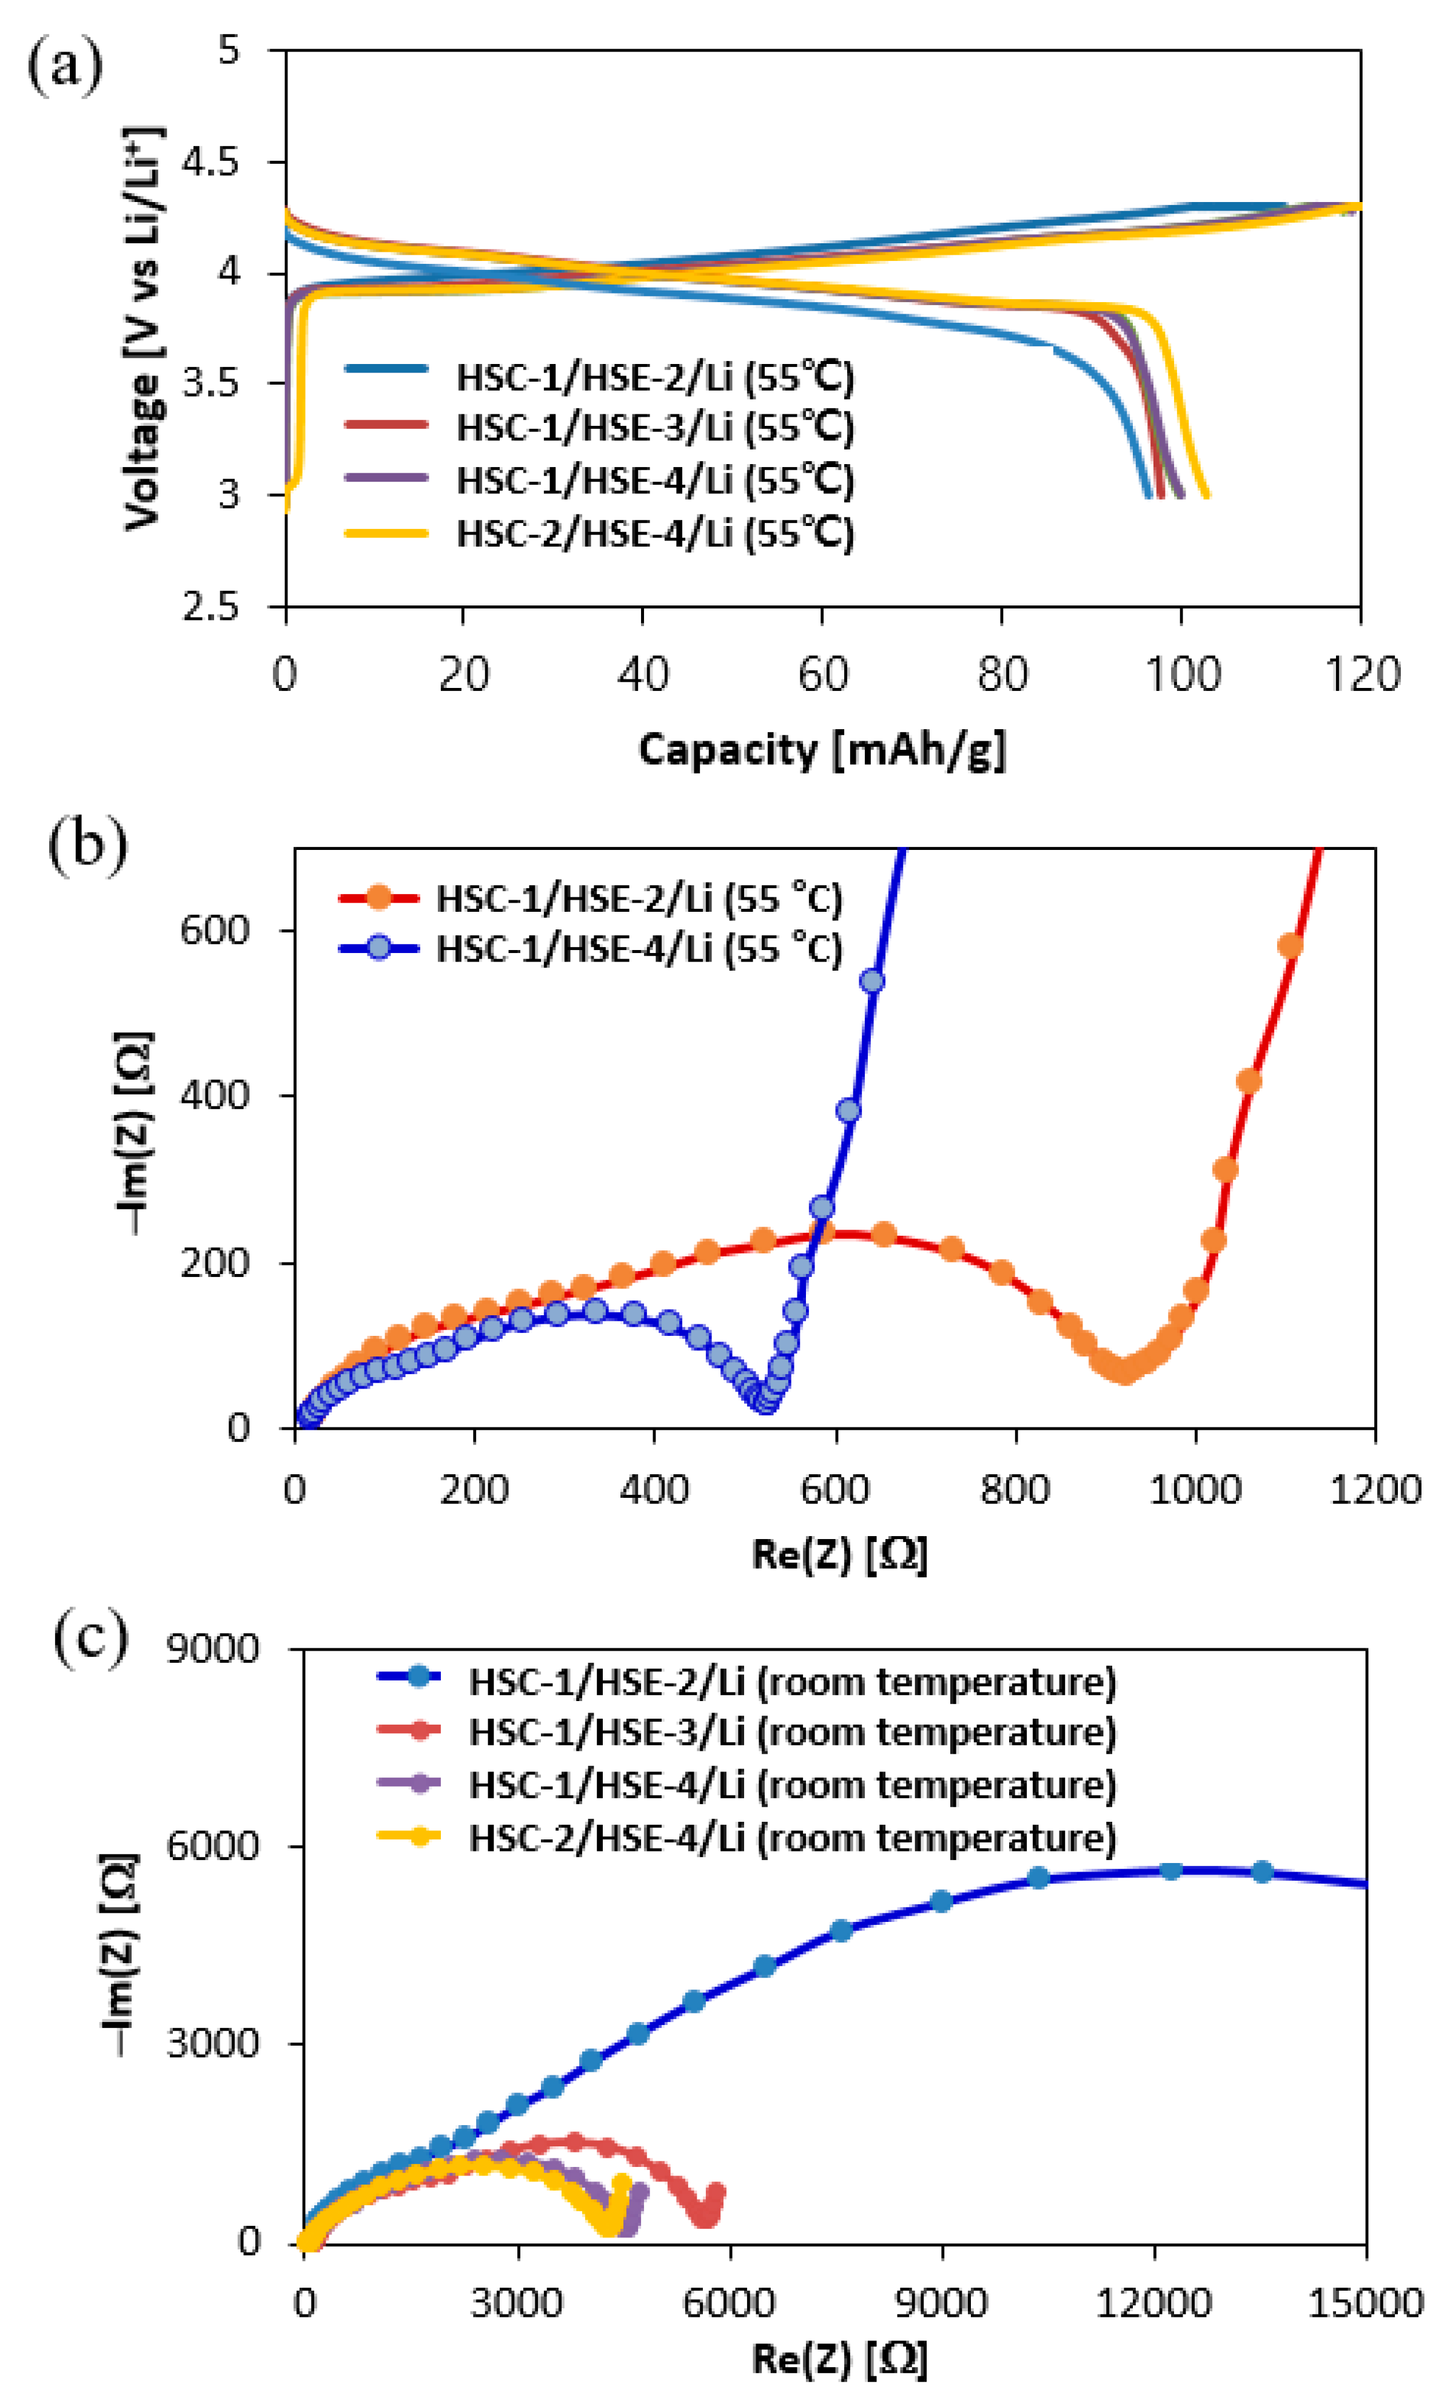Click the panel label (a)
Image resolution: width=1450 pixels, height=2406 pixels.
click(64, 66)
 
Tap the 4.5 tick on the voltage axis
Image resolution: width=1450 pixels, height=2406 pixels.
click(211, 162)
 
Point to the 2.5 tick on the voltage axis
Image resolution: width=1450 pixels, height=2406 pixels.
click(211, 607)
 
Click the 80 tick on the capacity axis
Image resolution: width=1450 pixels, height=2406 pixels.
click(1002, 675)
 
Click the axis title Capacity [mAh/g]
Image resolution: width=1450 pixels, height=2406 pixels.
click(821, 750)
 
